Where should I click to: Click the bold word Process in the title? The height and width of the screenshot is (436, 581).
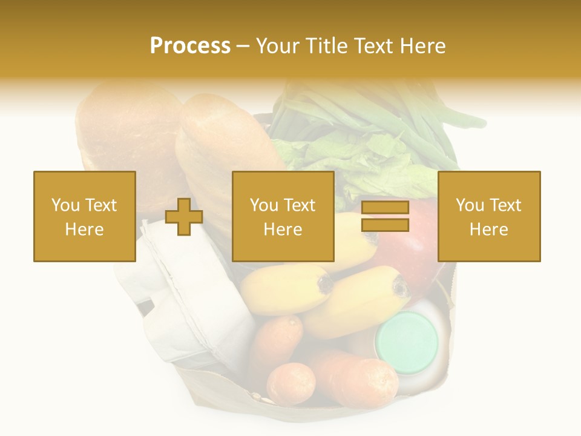190,46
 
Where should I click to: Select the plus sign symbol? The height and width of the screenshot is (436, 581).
184,217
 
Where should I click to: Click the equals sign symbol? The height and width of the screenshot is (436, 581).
385,217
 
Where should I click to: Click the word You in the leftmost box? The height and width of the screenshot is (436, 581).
65,205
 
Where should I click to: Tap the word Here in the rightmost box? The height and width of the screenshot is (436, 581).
488,230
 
